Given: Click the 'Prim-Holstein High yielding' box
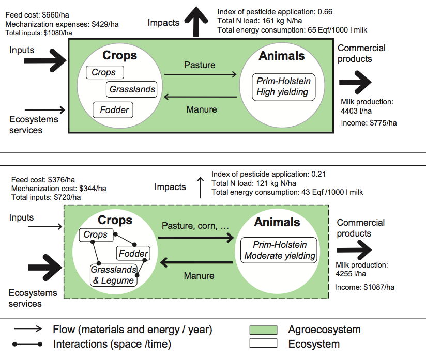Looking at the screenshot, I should (283, 86).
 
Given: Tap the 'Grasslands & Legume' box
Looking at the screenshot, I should (114, 275).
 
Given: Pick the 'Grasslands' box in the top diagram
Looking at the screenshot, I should (132, 89).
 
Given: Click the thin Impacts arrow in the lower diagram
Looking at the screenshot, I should (201, 187).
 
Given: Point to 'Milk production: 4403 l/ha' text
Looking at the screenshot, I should (367, 106).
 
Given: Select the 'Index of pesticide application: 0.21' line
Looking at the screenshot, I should (268, 174).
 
